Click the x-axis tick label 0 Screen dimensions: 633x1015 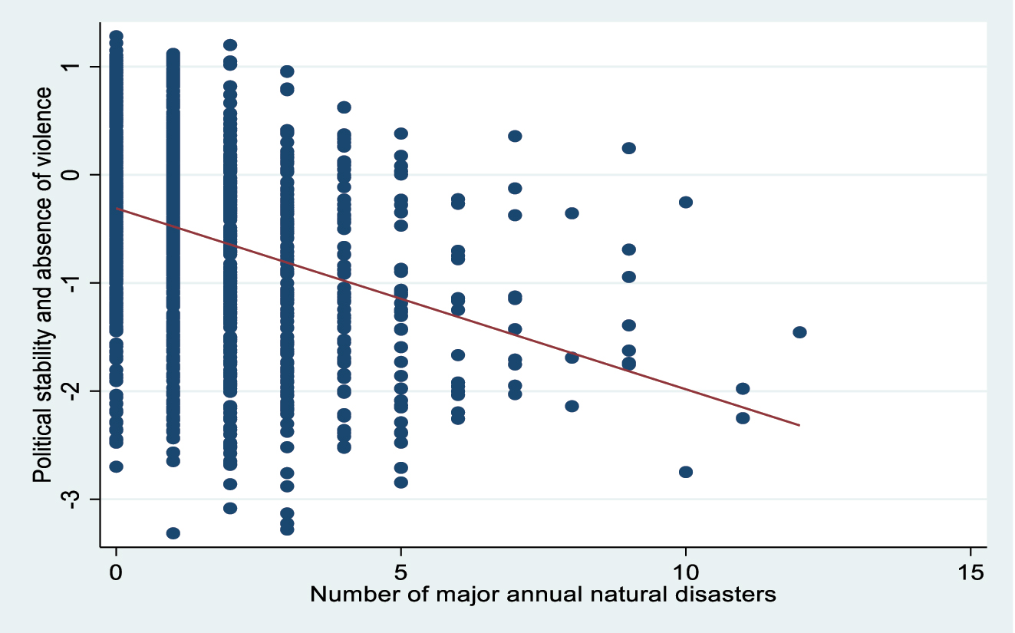click(116, 572)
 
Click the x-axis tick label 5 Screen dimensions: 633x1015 click(400, 572)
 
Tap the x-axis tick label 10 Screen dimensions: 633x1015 click(685, 572)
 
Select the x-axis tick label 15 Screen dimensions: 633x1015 click(970, 572)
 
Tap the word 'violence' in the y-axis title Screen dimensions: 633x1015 click(43, 127)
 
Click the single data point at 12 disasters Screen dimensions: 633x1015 click(799, 332)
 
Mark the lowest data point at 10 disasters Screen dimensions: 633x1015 click(686, 472)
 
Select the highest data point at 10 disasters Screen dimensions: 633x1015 click(686, 202)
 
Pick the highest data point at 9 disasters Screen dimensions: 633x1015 click(628, 148)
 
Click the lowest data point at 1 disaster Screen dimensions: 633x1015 click(173, 533)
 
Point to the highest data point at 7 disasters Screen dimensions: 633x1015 click(515, 136)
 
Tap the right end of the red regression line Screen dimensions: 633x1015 click(799, 425)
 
